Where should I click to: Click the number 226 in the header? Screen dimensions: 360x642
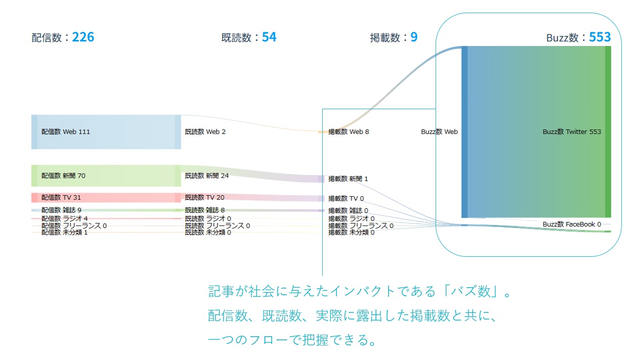pos(83,37)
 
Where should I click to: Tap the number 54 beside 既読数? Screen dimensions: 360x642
pos(269,37)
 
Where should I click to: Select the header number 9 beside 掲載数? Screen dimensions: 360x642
pos(414,37)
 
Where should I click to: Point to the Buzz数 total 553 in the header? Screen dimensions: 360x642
pos(600,37)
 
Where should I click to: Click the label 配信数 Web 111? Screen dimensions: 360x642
pos(66,132)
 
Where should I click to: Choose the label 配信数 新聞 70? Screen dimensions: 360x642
pos(63,176)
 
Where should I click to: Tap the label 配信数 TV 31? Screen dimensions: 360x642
pos(61,198)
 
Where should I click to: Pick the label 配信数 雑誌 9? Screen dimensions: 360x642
pos(61,210)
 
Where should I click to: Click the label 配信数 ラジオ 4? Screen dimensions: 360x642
pos(64,218)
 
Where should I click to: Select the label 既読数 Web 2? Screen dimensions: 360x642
pos(205,132)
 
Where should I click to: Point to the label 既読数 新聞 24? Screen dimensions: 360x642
pos(207,176)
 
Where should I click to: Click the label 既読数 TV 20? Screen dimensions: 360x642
pos(204,198)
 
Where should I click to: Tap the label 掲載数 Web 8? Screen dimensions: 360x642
pos(349,132)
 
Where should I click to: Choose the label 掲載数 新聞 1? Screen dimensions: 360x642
pos(348,179)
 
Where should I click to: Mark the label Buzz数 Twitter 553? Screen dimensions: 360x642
pos(572,132)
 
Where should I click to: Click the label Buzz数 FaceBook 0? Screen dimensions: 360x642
pos(572,224)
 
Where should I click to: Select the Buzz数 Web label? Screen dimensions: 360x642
pos(439,132)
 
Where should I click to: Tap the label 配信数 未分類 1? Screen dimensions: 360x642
pos(64,233)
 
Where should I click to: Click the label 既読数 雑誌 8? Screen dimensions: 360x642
pos(204,210)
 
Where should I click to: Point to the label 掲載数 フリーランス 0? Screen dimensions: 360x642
pos(361,226)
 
